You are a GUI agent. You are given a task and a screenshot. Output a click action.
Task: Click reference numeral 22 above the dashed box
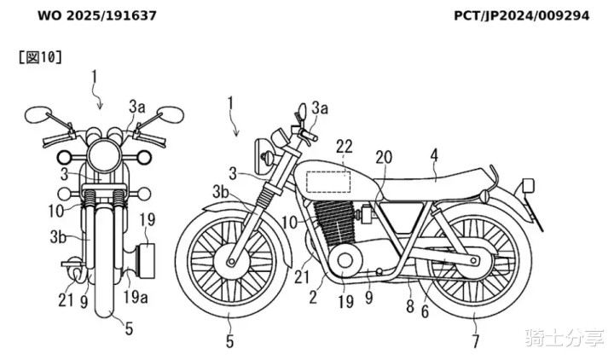tap(344, 147)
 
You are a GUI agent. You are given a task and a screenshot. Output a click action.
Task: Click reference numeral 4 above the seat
tap(434, 155)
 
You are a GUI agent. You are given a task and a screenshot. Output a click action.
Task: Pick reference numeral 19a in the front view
tap(133, 297)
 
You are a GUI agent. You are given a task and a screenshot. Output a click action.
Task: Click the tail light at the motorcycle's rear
tap(528, 185)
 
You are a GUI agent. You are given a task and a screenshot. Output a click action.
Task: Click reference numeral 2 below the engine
tap(313, 297)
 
